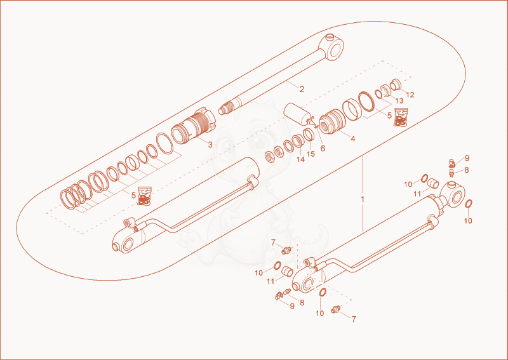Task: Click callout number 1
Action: [362, 199]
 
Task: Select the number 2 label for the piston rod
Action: [302, 89]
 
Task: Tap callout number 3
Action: [210, 145]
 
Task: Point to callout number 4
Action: [353, 138]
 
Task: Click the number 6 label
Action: [323, 148]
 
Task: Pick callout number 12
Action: [410, 95]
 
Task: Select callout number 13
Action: [399, 101]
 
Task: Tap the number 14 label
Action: [300, 159]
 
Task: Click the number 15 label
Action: [311, 154]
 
